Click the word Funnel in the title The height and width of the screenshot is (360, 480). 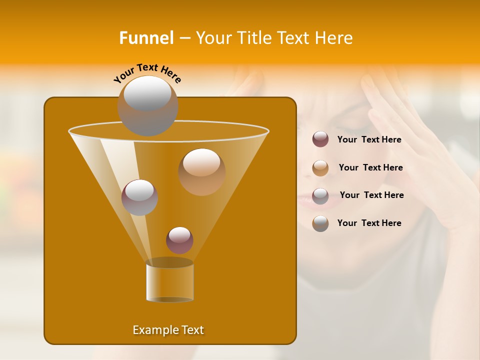point(146,38)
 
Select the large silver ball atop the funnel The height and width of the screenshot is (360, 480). point(147,105)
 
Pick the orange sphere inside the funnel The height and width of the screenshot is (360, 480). point(201,171)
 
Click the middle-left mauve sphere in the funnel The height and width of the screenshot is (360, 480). point(139,197)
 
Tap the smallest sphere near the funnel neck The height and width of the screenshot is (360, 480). point(179,240)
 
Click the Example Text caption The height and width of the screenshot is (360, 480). point(168,330)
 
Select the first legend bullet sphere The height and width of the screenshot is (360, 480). point(320,139)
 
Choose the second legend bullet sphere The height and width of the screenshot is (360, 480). point(320,168)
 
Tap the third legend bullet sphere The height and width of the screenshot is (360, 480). point(320,196)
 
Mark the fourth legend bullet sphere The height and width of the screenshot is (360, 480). point(320,223)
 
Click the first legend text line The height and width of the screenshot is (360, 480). point(369,140)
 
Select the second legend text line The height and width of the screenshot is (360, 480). point(370,168)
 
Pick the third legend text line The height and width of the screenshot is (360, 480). point(371,195)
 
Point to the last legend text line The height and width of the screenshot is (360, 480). point(369,223)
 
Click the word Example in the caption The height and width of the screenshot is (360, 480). point(152,330)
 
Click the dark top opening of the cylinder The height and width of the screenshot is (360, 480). point(169,262)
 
